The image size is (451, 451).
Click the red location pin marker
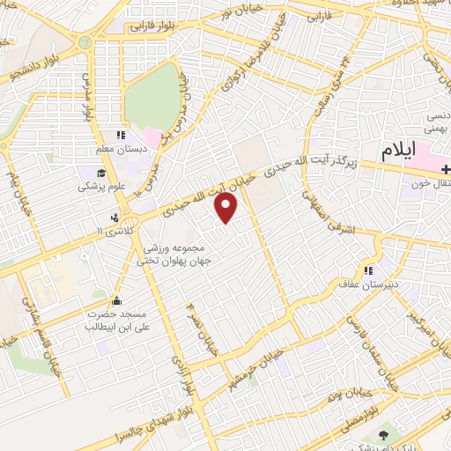click(226, 208)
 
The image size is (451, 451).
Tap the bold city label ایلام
click(397, 152)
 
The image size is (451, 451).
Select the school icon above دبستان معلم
click(121, 135)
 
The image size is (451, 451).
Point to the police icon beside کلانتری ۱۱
click(115, 218)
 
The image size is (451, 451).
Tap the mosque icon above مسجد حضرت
click(118, 301)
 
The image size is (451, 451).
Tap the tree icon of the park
click(382, 435)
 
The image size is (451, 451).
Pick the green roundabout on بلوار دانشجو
click(83, 43)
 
